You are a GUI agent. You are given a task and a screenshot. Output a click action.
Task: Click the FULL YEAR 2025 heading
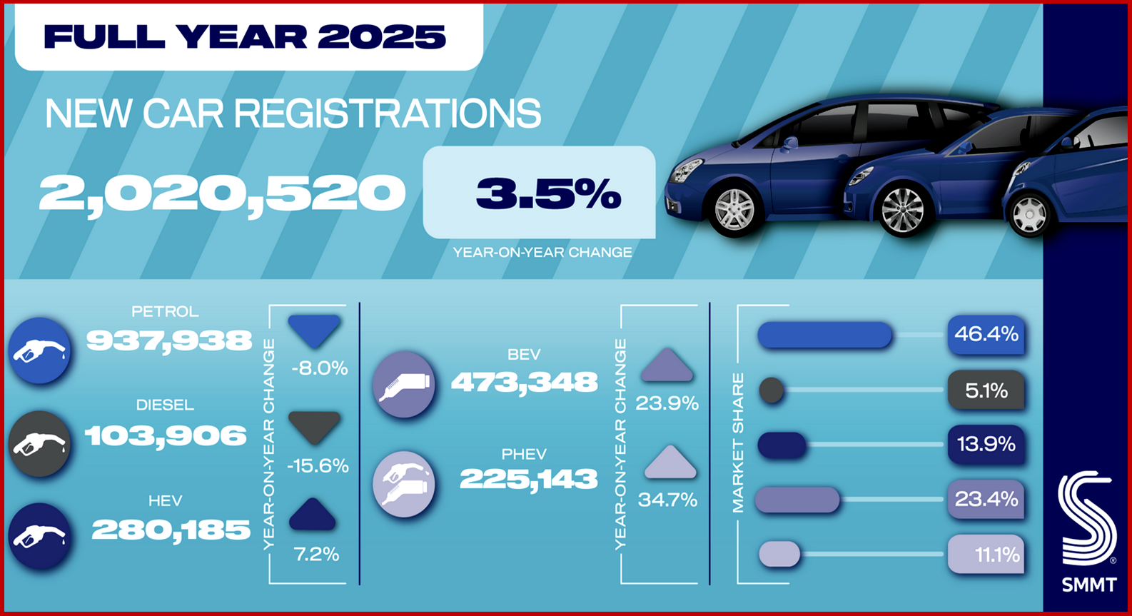pyautogui.click(x=245, y=37)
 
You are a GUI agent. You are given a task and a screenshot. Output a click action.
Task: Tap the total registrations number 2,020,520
pyautogui.click(x=222, y=193)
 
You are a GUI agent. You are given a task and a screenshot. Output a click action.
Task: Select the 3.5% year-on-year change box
pyautogui.click(x=539, y=193)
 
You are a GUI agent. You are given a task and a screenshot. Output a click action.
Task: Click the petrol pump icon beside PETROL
pyautogui.click(x=40, y=350)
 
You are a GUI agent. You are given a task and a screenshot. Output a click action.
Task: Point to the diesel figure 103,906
pyautogui.click(x=166, y=435)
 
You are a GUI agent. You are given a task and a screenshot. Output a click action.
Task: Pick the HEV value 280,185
pyautogui.click(x=171, y=530)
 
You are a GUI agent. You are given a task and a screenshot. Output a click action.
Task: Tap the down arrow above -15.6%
pyautogui.click(x=314, y=428)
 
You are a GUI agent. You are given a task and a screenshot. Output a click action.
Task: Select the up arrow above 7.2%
pyautogui.click(x=313, y=515)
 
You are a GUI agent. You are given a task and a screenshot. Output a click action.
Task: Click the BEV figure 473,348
pyautogui.click(x=524, y=383)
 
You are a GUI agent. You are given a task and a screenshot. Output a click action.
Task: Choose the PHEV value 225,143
pyautogui.click(x=528, y=478)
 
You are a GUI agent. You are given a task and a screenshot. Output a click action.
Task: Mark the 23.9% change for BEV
pyautogui.click(x=667, y=403)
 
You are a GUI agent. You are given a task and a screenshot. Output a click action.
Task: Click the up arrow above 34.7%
pyautogui.click(x=669, y=463)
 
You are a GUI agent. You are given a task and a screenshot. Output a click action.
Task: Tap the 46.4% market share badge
pyautogui.click(x=986, y=334)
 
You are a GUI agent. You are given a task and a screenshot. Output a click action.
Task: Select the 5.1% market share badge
pyautogui.click(x=986, y=390)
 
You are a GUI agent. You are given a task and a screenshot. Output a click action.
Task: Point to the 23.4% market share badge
pyautogui.click(x=986, y=498)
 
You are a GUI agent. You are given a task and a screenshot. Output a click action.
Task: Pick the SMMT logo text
pyautogui.click(x=1088, y=585)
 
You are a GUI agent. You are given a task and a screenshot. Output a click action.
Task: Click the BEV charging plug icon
pyautogui.click(x=403, y=384)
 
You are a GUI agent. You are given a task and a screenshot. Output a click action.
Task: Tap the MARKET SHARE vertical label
pyautogui.click(x=738, y=443)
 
